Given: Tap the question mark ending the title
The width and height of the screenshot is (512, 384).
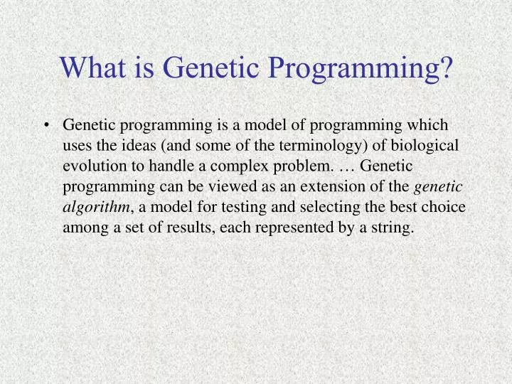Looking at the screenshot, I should click(x=445, y=68).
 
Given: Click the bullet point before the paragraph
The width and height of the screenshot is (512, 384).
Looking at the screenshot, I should click(x=47, y=126).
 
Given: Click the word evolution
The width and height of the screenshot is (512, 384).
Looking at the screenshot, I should click(x=92, y=166).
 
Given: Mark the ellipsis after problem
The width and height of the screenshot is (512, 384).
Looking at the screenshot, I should click(x=346, y=166).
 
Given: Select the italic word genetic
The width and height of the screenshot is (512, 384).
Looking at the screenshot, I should click(x=439, y=188).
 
